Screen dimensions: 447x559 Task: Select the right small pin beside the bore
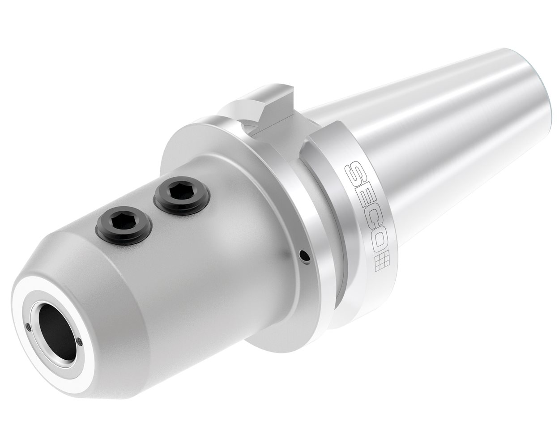[x=80, y=342]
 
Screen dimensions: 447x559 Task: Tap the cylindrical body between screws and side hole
[x=224, y=251]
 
